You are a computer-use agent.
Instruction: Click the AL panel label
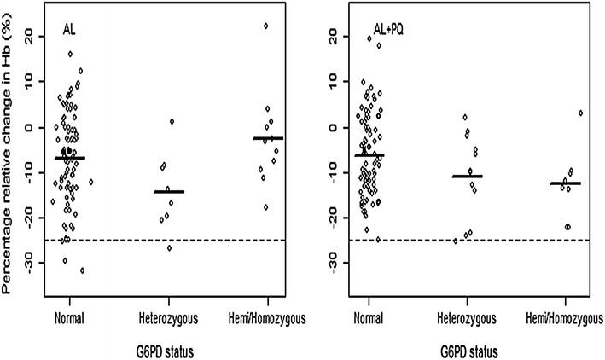(x=71, y=31)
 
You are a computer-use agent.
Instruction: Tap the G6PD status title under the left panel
(x=168, y=350)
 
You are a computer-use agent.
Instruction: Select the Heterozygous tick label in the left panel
(x=168, y=317)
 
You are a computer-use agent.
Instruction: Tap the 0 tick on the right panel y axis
(x=326, y=128)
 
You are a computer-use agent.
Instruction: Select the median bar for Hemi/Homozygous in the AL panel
(x=267, y=138)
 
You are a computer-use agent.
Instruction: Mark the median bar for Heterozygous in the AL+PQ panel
(x=467, y=177)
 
